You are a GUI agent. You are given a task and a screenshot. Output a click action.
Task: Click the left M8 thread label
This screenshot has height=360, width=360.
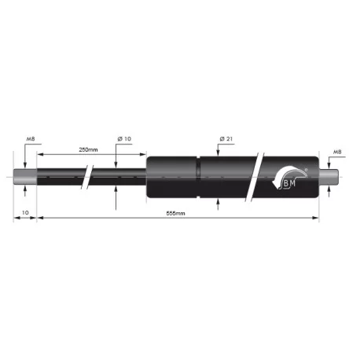point(31,139)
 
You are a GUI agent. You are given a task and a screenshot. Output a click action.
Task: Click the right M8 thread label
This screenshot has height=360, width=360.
point(337,152)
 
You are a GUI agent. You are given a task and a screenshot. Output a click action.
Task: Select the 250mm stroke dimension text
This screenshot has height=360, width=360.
point(88,150)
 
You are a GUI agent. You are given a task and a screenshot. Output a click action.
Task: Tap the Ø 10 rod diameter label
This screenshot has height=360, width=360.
point(124,138)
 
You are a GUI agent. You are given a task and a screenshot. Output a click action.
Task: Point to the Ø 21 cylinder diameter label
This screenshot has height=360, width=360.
point(226,138)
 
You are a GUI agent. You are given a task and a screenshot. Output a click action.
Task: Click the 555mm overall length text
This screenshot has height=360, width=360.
point(175,213)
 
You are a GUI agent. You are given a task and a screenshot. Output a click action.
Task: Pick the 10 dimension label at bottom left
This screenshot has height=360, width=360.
point(25,213)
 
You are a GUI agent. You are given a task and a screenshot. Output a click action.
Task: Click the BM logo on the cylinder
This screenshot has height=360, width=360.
point(289,178)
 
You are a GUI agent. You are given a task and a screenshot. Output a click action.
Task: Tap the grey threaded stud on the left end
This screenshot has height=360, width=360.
point(25,177)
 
